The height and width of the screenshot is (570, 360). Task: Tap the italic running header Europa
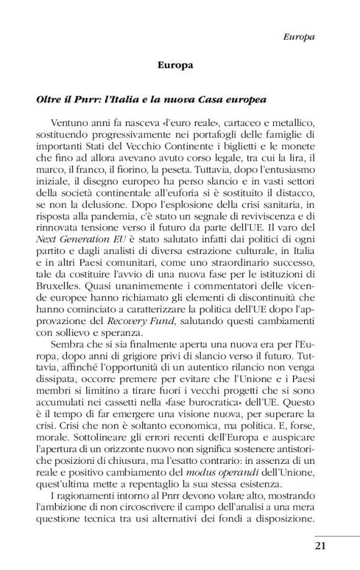pos(298,37)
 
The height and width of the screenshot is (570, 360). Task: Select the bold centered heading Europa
pos(176,65)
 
